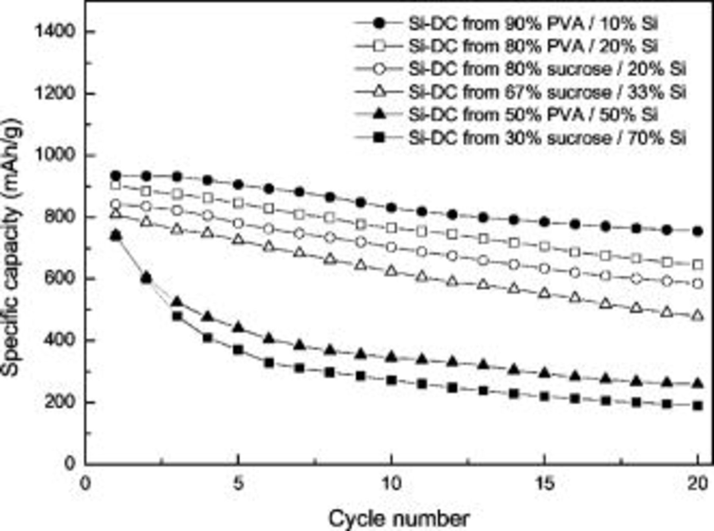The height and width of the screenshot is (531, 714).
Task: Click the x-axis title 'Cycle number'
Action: pyautogui.click(x=398, y=518)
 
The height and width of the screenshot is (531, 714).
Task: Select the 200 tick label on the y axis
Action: pyautogui.click(x=59, y=402)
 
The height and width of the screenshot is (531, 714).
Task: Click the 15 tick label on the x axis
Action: pyautogui.click(x=544, y=484)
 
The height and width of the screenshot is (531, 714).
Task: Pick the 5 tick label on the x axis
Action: pyautogui.click(x=238, y=484)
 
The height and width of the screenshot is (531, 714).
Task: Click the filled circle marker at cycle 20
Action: pyautogui.click(x=698, y=231)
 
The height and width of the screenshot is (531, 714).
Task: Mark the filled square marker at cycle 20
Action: pyautogui.click(x=698, y=406)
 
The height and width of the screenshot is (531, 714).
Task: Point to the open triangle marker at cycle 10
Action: pyautogui.click(x=392, y=271)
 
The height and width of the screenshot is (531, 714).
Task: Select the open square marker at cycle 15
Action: pyautogui.click(x=545, y=246)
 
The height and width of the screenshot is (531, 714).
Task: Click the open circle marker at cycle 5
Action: pyautogui.click(x=238, y=223)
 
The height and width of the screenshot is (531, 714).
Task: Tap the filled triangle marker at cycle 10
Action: pyautogui.click(x=392, y=357)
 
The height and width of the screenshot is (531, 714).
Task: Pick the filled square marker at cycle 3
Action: pyautogui.click(x=177, y=316)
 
